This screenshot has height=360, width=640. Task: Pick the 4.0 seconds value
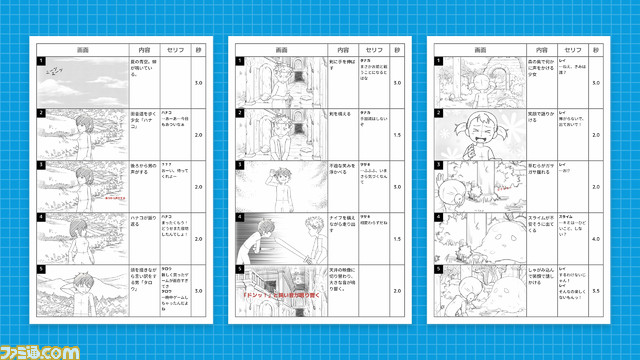click(596, 238)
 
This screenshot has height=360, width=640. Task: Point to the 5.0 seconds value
click(596, 82)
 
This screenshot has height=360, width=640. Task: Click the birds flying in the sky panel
click(59, 71)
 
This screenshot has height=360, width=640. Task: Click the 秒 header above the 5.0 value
click(596, 49)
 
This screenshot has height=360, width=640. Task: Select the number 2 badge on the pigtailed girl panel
click(440, 114)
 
